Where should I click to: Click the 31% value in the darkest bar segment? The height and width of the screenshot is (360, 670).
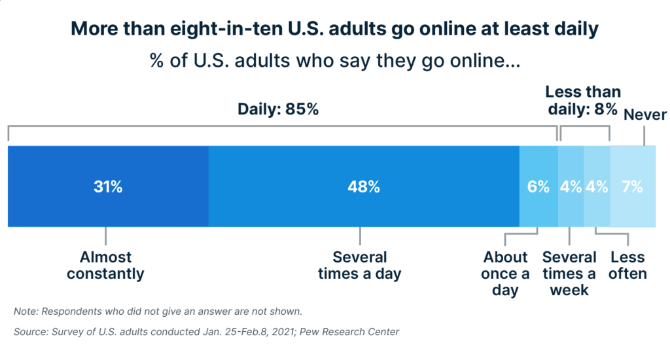tap(108, 187)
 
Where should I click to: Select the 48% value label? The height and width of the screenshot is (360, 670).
tap(364, 187)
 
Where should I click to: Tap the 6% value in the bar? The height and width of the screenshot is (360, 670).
tap(538, 187)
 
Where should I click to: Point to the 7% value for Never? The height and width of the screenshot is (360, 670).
tap(632, 187)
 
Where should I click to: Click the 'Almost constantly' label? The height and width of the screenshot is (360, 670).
tap(105, 265)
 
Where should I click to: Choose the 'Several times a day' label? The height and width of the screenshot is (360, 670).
tap(359, 265)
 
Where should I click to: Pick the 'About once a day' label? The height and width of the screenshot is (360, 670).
tap(505, 273)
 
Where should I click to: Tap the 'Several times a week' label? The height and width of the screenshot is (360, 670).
tap(569, 273)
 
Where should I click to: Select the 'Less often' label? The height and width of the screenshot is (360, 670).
tap(627, 265)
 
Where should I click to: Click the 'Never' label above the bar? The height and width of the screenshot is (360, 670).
tap(645, 115)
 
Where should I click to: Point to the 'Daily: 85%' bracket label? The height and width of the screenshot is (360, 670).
tap(277, 109)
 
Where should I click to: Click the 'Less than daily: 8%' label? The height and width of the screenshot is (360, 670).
tap(582, 101)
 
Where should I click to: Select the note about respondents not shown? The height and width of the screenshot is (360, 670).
tap(158, 311)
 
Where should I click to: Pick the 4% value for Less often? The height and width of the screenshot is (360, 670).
tap(597, 187)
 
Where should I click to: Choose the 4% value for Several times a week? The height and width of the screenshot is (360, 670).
tap(571, 187)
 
